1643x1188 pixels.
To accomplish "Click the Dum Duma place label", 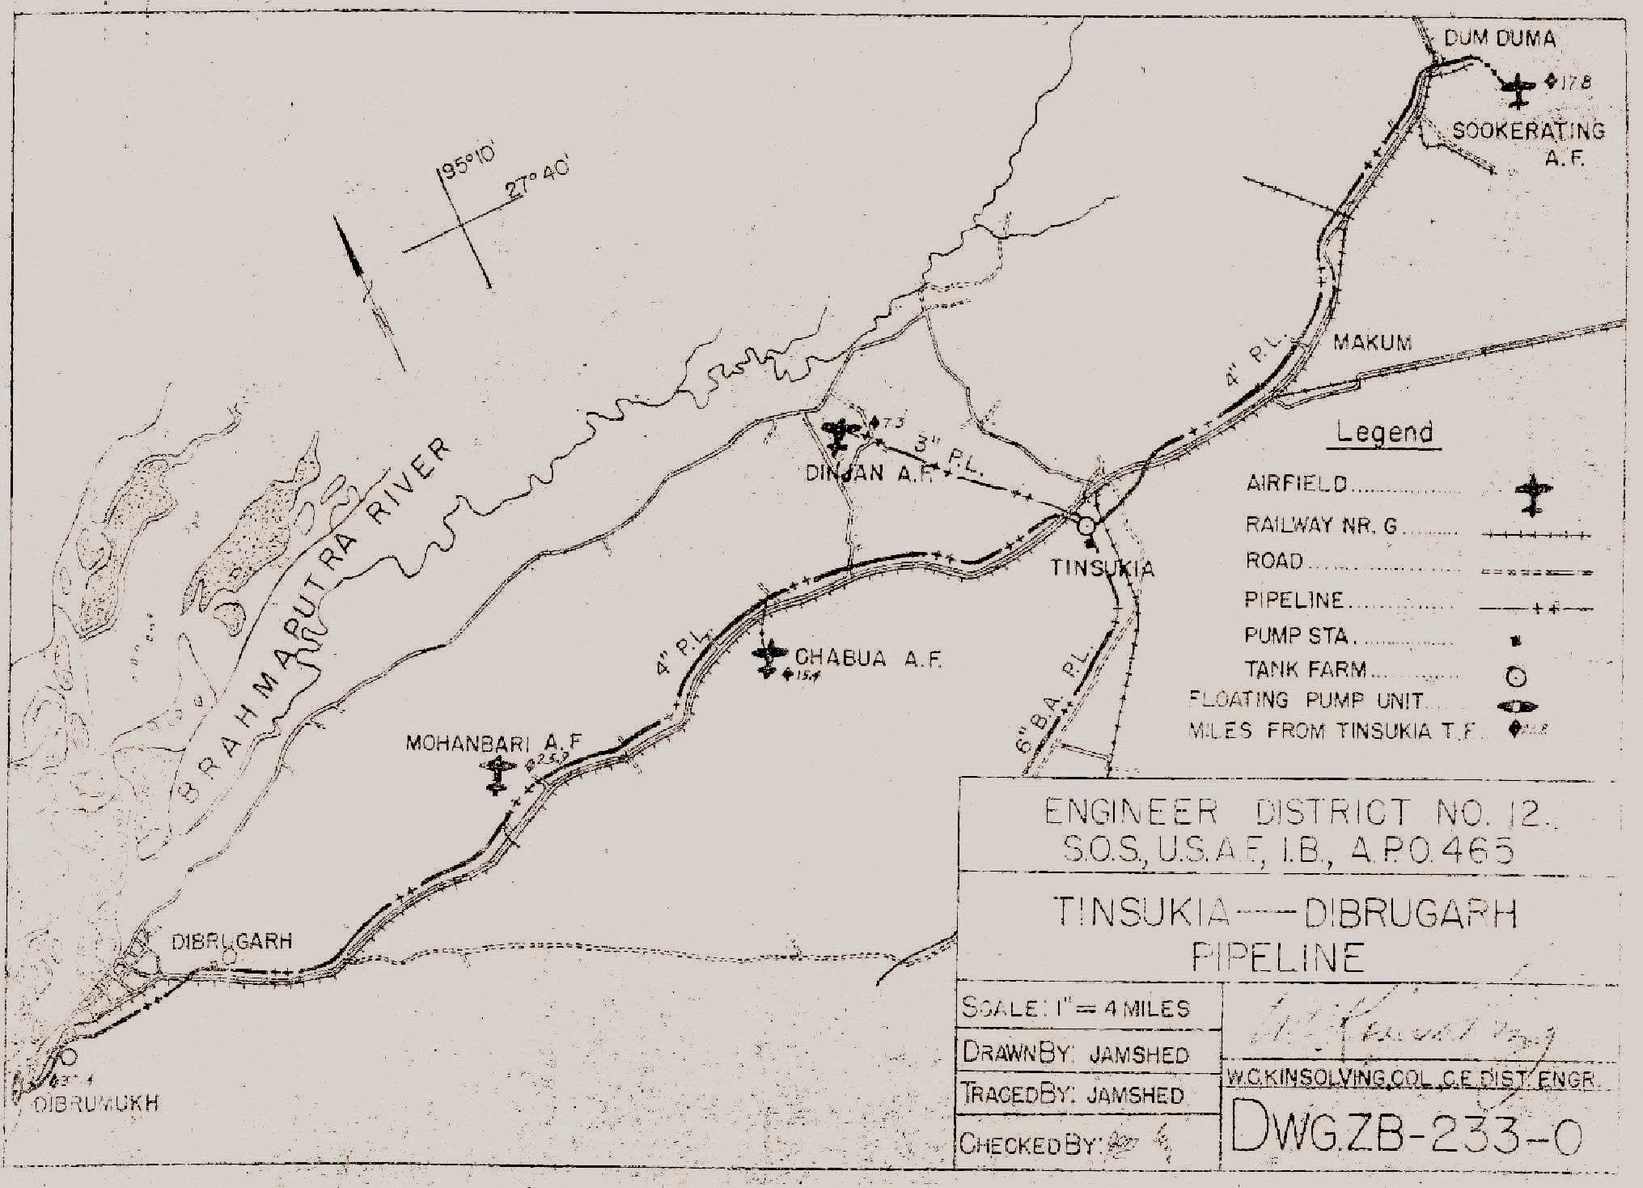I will coord(1499,38).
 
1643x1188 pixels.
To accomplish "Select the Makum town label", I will coord(1372,342).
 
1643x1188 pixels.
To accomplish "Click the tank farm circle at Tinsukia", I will coord(1086,526).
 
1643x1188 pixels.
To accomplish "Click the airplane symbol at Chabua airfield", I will coord(769,658).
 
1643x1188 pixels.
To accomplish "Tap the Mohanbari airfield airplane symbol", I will coord(498,775).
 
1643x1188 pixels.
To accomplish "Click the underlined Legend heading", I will coord(1384,432).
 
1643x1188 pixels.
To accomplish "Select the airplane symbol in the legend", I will coord(1532,494).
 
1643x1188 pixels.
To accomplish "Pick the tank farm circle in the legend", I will coord(1516,677).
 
